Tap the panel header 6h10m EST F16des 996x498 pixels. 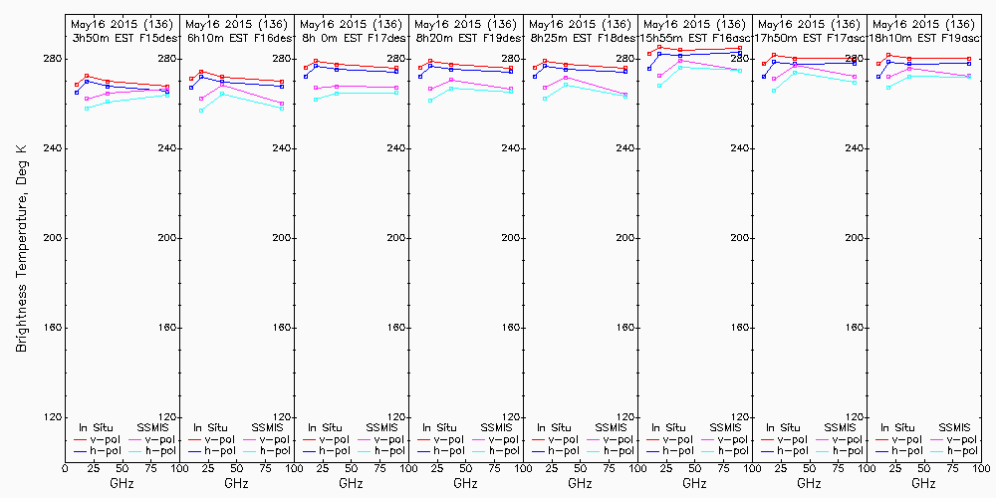(235, 37)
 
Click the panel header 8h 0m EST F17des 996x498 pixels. (350, 37)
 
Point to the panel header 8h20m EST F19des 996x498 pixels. (464, 37)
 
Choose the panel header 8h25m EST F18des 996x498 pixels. (579, 37)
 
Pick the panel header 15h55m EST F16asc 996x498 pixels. (693, 37)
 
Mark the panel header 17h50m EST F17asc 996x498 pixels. (808, 37)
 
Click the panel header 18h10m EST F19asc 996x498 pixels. (922, 37)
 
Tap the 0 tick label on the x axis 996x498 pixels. (65, 467)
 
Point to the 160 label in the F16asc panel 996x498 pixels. (739, 328)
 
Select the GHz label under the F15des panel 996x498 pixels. (122, 483)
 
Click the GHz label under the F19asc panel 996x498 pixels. (923, 483)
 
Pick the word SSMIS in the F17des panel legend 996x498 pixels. (381, 427)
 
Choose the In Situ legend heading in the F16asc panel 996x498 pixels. (664, 427)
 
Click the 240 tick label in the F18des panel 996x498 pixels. (623, 148)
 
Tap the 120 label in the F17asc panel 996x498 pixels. (854, 417)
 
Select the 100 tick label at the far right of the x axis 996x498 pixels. (981, 467)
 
